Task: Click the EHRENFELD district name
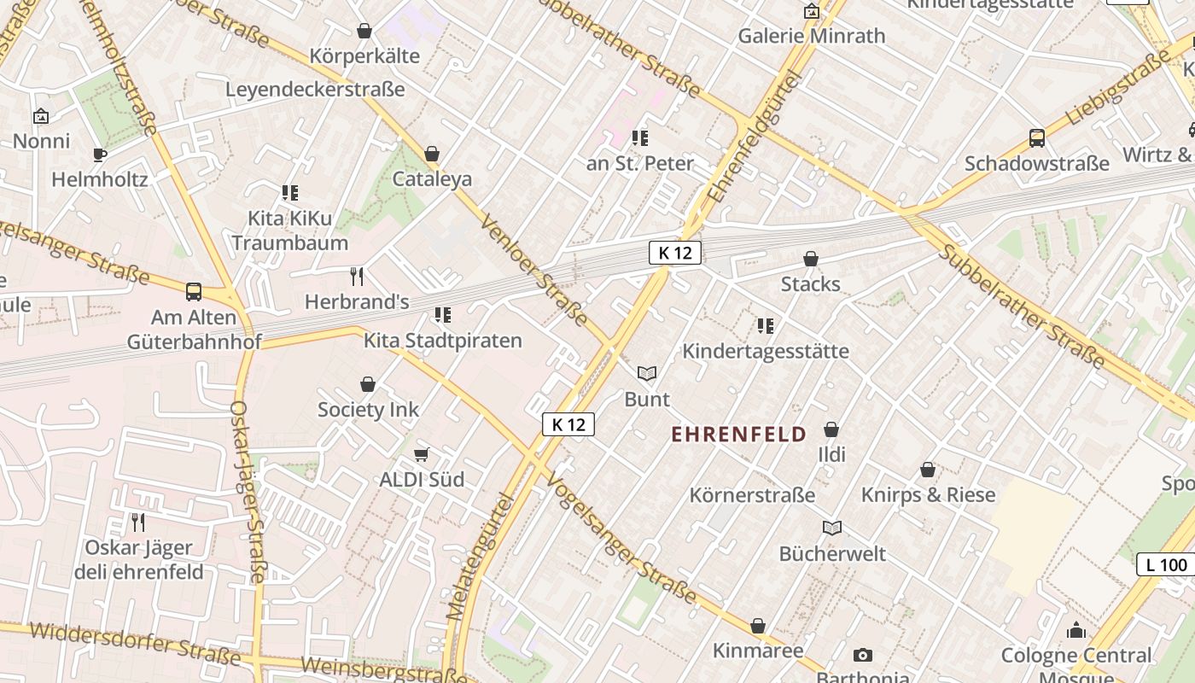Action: [x=738, y=435]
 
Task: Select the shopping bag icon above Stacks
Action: [x=811, y=259]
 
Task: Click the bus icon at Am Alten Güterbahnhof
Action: [x=194, y=292]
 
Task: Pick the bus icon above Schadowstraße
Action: [x=1036, y=138]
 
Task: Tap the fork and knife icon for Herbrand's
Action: [x=357, y=277]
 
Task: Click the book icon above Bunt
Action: [x=647, y=374]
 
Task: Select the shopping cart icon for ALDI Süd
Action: [x=421, y=454]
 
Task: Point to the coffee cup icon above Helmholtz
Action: [x=100, y=155]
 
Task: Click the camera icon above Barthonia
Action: [x=863, y=655]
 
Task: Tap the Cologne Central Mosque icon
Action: [x=1076, y=631]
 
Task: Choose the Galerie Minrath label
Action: [x=811, y=36]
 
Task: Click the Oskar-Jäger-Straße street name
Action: [x=248, y=491]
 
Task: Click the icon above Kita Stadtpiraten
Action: [x=442, y=316]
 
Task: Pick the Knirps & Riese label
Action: [x=928, y=495]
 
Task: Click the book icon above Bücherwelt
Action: [x=832, y=528]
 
